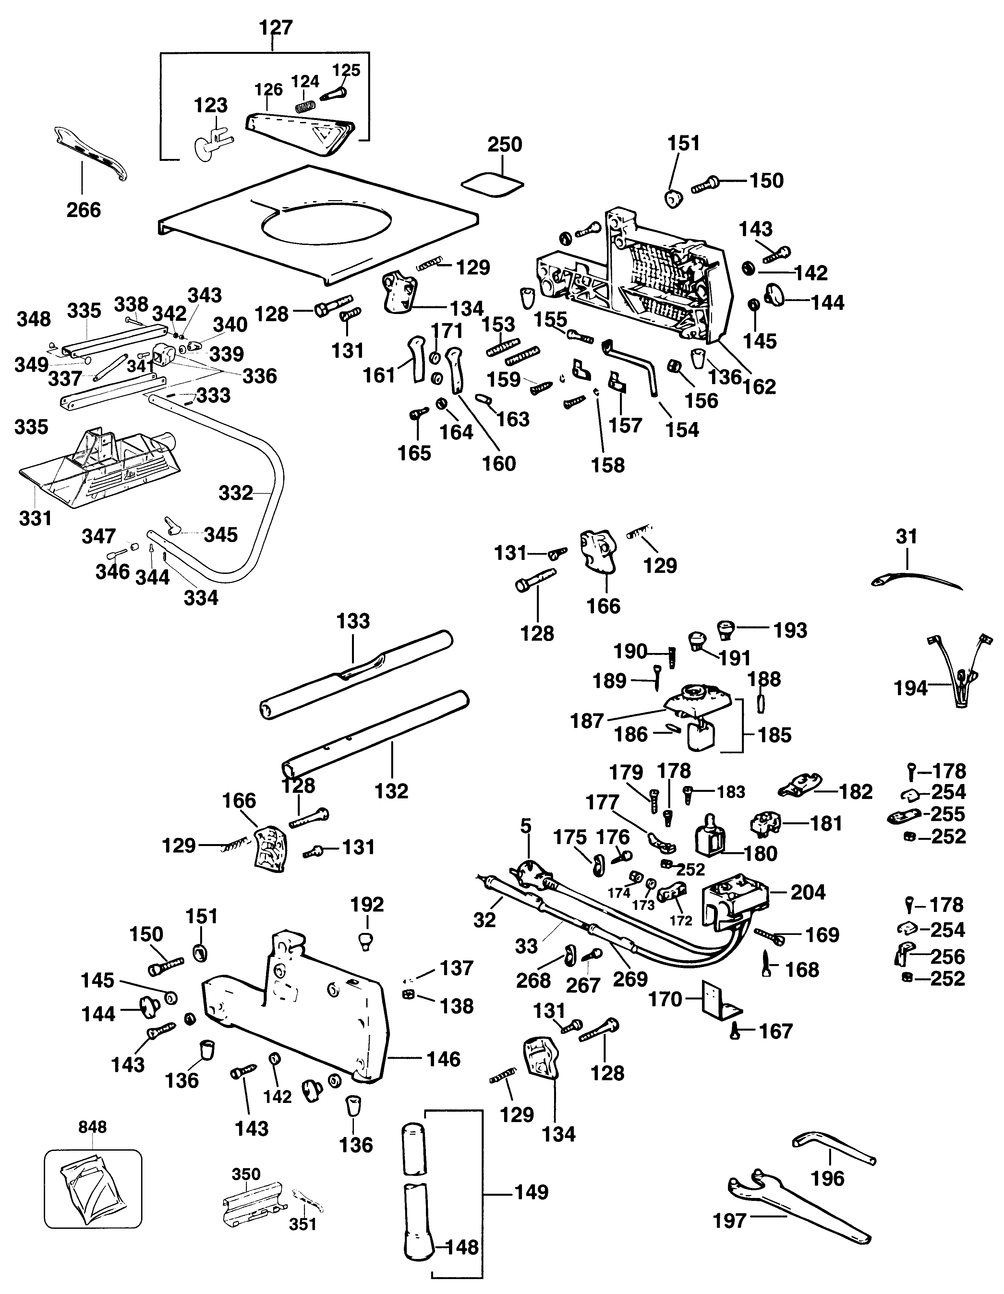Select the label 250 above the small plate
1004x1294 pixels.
click(505, 145)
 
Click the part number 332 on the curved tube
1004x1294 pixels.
click(236, 493)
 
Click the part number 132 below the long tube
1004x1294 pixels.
click(392, 791)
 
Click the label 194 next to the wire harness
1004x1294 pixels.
click(910, 688)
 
